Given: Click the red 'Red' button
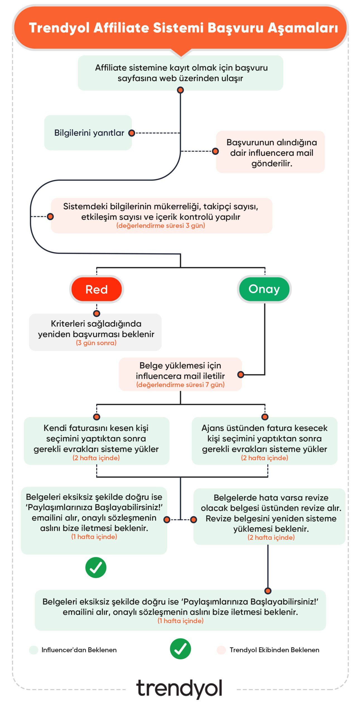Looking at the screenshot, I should click(x=96, y=289).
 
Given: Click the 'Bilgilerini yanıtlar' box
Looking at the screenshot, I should click(x=88, y=133).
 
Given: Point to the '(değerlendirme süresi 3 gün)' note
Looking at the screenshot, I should click(x=160, y=226).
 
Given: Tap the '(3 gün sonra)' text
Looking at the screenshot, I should click(x=96, y=343).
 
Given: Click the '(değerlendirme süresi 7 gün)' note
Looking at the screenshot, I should click(x=180, y=385).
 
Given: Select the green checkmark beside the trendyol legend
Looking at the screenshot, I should click(x=180, y=649).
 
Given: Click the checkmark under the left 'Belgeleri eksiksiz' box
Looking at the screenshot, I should click(x=96, y=567).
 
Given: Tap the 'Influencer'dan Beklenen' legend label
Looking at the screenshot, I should click(x=79, y=650).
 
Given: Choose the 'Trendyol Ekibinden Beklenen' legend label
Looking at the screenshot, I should click(x=274, y=650).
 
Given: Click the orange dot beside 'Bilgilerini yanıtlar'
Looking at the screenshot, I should click(x=131, y=133).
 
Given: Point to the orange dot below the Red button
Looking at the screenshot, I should click(x=97, y=314).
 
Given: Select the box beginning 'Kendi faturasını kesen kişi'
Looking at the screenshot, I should click(x=96, y=441).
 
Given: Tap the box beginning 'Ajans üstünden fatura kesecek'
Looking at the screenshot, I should click(x=264, y=441).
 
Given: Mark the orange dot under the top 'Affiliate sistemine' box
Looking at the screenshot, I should click(x=181, y=90).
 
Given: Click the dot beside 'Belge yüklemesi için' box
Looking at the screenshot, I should click(x=240, y=375).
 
